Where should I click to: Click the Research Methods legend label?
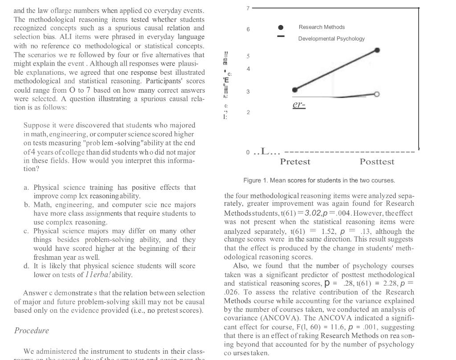point(322,27)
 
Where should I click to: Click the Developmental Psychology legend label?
point(331,39)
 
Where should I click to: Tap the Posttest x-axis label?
point(377,162)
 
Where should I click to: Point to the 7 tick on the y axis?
point(248,8)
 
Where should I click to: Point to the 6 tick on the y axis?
point(248,29)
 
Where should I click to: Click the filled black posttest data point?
point(378,50)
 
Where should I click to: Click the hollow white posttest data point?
point(377,94)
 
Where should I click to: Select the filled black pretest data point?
point(294,90)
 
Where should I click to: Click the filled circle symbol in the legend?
point(281,28)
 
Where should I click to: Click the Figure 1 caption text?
point(319,180)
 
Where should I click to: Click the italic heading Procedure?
point(32,331)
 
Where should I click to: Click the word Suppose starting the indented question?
point(36,126)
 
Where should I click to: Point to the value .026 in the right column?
point(231,292)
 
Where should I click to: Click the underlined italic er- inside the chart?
point(299,105)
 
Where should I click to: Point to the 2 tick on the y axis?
point(248,113)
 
